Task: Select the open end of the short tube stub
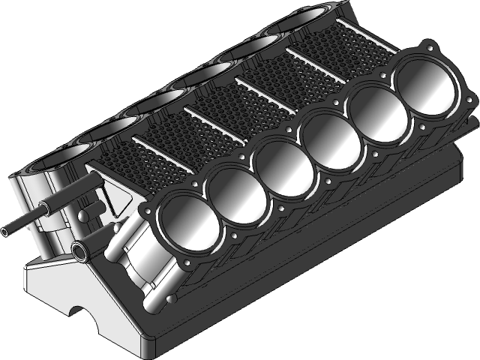pos(78,249)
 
